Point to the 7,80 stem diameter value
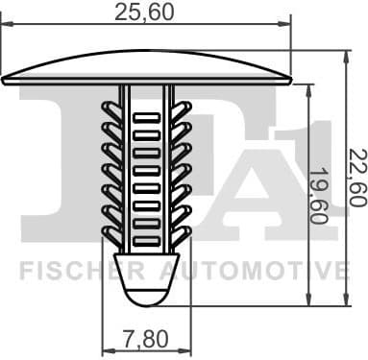[x=147, y=337]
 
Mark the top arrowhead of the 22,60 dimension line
[x=342, y=57]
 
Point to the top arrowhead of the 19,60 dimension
[x=308, y=89]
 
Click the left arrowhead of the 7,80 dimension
[x=106, y=350]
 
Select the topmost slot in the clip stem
[x=147, y=119]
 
